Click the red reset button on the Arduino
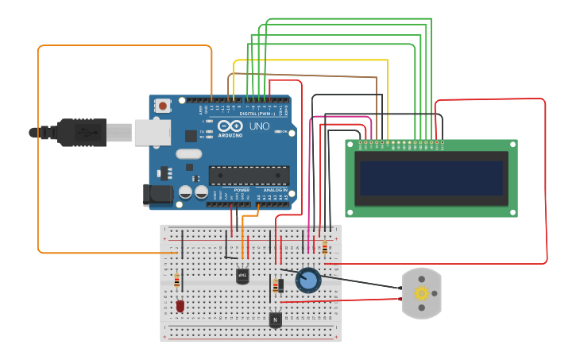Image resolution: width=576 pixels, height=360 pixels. click(163, 105)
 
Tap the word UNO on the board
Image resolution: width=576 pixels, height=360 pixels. click(259, 126)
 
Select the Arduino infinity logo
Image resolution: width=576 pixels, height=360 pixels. click(236, 126)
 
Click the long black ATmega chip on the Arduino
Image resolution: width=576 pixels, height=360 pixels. click(249, 176)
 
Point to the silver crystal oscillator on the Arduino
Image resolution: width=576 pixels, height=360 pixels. click(188, 154)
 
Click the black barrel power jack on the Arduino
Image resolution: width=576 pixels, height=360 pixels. click(156, 195)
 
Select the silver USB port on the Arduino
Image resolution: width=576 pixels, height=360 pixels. click(152, 133)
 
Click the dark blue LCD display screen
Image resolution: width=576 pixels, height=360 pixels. click(431, 178)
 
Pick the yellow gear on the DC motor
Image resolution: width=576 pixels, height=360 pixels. click(421, 293)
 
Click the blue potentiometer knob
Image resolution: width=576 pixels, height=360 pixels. click(307, 280)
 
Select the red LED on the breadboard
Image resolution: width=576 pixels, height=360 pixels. click(180, 305)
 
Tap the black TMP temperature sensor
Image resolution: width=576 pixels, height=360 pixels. click(242, 276)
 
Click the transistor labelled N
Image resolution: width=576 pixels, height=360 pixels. click(275, 319)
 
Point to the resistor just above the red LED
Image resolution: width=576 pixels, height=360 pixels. click(176, 281)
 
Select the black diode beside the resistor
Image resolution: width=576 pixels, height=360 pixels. click(280, 285)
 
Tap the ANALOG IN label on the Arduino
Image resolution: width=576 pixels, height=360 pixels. click(275, 191)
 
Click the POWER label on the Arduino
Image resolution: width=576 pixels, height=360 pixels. click(242, 191)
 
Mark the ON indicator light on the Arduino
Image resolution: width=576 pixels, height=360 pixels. click(280, 132)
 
